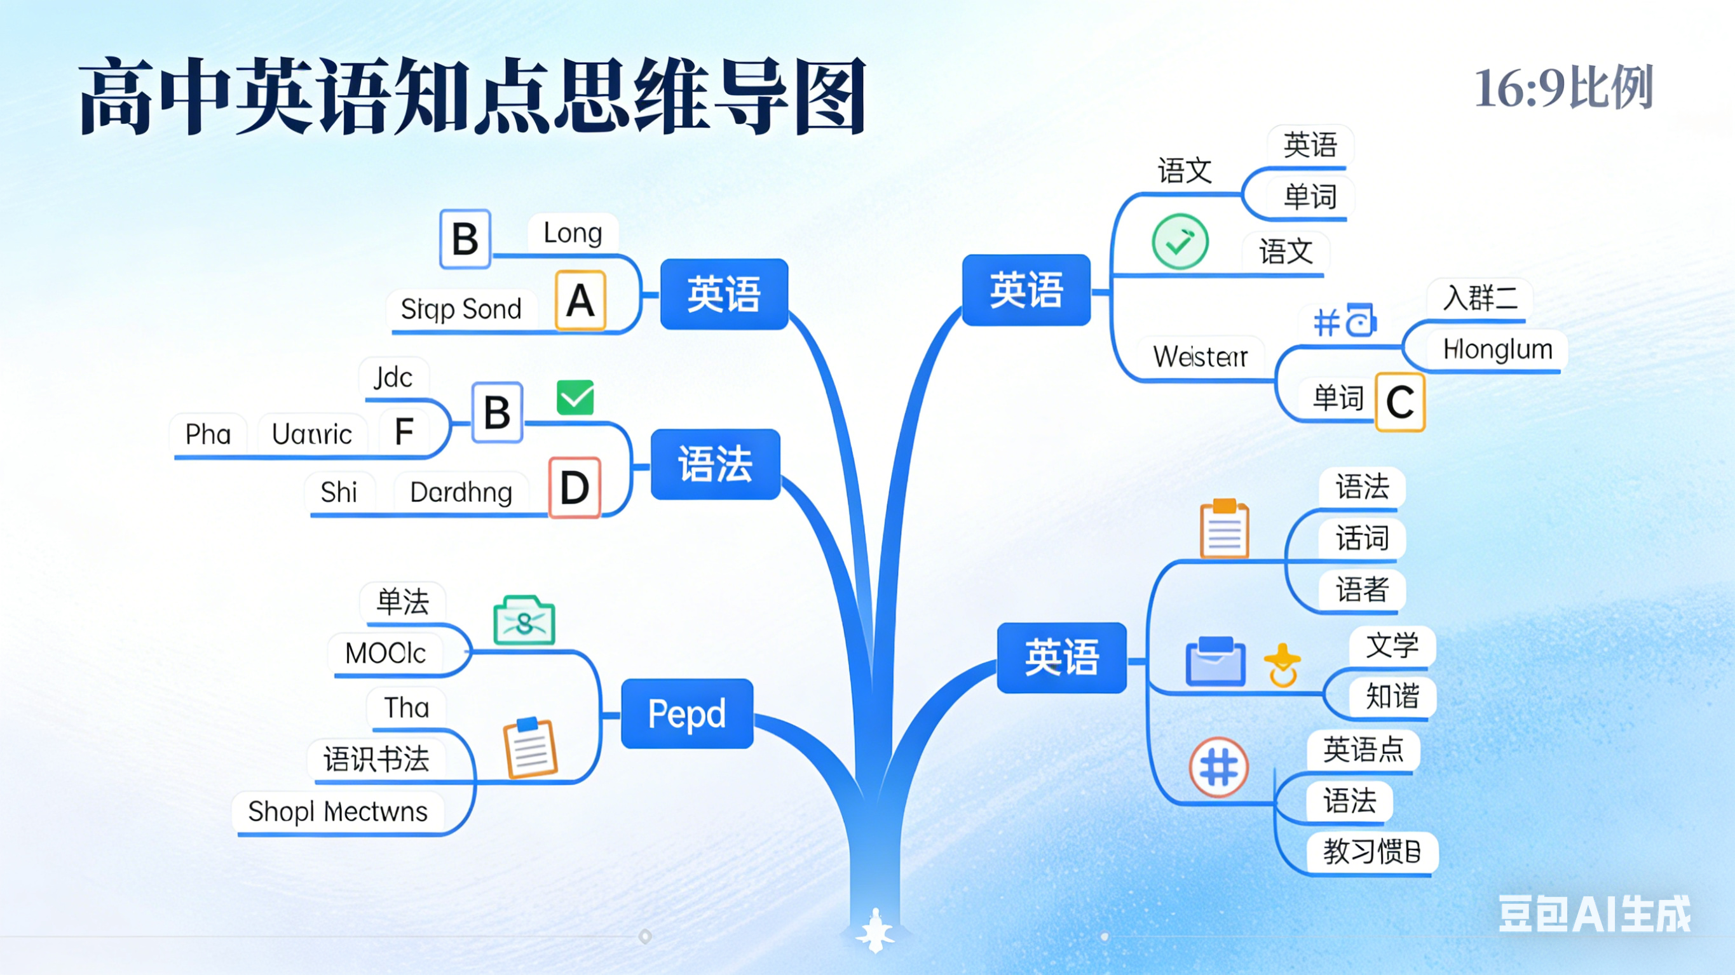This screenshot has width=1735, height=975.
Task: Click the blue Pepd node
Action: [687, 714]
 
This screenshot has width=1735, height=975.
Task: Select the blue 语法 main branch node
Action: [715, 464]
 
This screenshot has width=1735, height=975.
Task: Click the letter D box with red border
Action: [575, 488]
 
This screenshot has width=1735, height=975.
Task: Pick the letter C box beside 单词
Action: [1400, 402]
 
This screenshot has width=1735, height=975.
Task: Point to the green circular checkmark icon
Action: [1180, 242]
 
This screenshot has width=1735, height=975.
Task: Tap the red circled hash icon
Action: [1219, 767]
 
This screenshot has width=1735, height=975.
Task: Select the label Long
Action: [573, 233]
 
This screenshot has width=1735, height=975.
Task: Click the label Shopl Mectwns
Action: [338, 812]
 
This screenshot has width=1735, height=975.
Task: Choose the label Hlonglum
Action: [1498, 349]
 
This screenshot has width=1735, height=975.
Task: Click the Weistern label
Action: [1201, 356]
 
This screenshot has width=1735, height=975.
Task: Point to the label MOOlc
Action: [386, 653]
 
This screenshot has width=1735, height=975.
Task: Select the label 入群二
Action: [1480, 298]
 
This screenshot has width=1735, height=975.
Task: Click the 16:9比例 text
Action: [1564, 88]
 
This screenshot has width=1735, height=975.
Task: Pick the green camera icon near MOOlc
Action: [525, 621]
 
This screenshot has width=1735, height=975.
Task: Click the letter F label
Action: [404, 432]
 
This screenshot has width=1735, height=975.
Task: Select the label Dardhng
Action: [461, 492]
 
